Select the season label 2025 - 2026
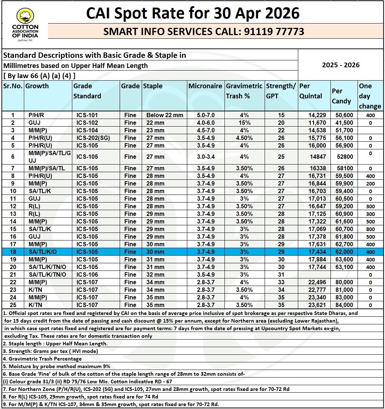click(341, 65)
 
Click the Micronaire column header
click(205, 86)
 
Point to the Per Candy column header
click(341, 96)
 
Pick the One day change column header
click(370, 96)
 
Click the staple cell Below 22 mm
click(164, 115)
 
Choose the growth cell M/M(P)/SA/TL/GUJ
click(49, 157)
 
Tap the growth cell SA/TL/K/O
click(42, 252)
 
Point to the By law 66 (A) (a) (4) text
click(39, 76)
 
